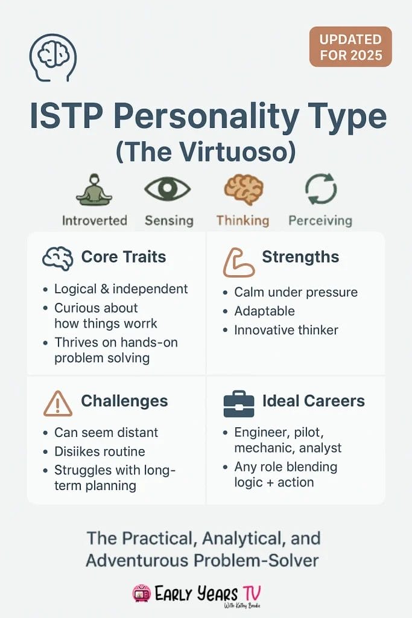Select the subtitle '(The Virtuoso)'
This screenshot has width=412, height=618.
[x=206, y=150]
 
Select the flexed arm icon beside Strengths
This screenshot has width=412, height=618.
[x=238, y=261]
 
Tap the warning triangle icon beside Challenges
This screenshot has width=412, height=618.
[x=58, y=403]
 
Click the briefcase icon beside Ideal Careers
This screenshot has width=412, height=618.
[x=239, y=404]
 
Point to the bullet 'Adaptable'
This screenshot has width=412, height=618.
[x=264, y=311]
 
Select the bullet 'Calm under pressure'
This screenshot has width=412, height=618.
[x=296, y=292]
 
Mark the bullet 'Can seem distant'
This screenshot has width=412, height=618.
[x=106, y=433]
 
